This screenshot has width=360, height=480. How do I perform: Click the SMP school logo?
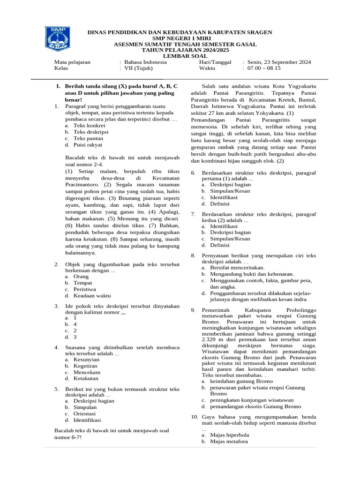58,39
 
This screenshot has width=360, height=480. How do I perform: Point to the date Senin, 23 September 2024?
279,62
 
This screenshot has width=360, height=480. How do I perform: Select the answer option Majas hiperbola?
230,435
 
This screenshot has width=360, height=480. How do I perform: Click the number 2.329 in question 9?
210,339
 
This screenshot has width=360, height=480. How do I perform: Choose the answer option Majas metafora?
229,442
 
